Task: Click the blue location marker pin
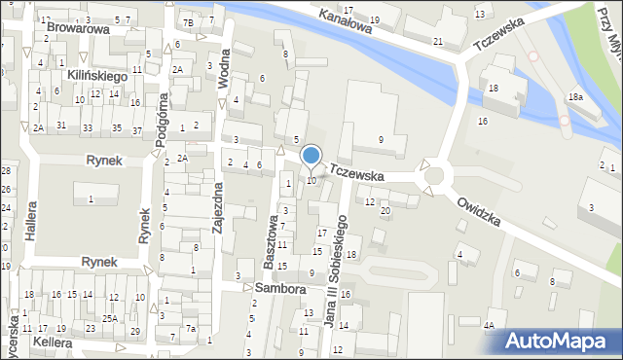tap(311, 156)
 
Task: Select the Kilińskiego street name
tap(97, 75)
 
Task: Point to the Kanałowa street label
tap(347, 22)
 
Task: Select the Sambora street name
tap(280, 289)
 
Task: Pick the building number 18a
tap(576, 97)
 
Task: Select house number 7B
tap(188, 21)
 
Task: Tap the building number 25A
tap(111, 318)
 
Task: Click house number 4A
tap(491, 326)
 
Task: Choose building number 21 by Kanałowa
tap(438, 41)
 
